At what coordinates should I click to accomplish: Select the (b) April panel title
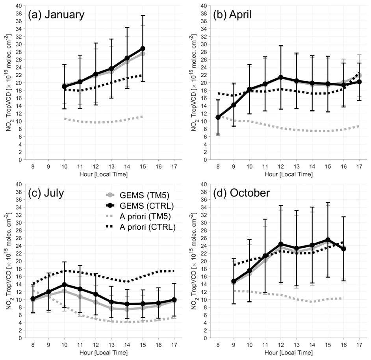232,15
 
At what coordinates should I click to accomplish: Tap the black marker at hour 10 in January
64,87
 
